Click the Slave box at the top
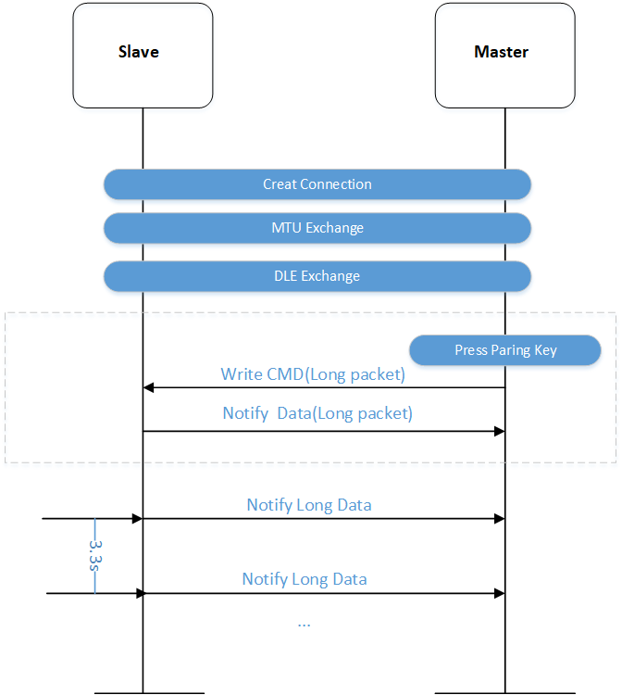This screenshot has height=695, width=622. click(143, 53)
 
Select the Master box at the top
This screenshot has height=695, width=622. click(504, 53)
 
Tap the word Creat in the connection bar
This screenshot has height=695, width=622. click(280, 184)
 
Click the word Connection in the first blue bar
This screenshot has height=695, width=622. click(336, 184)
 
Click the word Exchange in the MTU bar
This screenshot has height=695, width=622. click(334, 228)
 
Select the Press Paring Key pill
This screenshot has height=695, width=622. click(505, 350)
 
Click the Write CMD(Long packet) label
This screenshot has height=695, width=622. click(313, 375)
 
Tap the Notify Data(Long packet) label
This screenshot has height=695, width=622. click(317, 413)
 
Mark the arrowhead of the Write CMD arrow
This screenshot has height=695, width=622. click(148, 388)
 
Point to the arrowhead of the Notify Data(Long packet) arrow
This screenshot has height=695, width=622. click(499, 431)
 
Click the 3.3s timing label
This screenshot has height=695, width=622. click(93, 557)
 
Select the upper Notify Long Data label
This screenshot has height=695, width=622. click(309, 505)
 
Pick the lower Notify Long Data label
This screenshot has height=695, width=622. click(305, 579)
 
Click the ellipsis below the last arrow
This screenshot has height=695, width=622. click(304, 624)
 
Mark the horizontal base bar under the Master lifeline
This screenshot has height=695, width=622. click(505, 691)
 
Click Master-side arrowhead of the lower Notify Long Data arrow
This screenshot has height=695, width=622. click(499, 592)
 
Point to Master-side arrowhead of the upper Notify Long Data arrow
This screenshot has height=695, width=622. click(499, 519)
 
